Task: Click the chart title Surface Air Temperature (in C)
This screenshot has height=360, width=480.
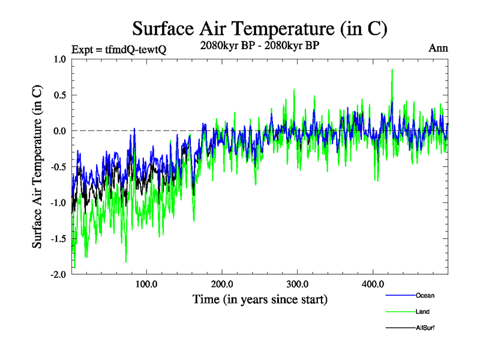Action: click(x=259, y=28)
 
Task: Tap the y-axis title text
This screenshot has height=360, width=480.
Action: click(x=37, y=167)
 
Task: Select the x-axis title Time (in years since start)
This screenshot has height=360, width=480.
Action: click(x=260, y=299)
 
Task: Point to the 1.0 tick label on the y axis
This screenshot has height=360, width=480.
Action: click(x=60, y=59)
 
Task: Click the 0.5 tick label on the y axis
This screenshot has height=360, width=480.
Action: click(x=60, y=95)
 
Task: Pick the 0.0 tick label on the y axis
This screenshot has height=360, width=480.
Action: click(x=60, y=131)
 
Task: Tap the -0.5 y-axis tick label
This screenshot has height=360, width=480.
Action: click(x=59, y=167)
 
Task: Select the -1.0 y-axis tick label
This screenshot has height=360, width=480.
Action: click(x=59, y=203)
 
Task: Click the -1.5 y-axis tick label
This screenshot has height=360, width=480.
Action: click(x=59, y=239)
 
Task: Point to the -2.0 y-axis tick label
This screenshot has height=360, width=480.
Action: click(x=59, y=274)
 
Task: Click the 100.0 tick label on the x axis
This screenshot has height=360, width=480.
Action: click(x=146, y=284)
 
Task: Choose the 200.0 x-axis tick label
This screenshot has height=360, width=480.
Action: click(x=222, y=284)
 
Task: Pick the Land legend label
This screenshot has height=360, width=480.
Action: click(x=422, y=311)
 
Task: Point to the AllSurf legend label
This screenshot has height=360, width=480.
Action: click(x=425, y=328)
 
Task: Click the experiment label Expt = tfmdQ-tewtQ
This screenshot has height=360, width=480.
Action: click(x=118, y=49)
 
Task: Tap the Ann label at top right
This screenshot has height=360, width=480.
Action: click(x=439, y=48)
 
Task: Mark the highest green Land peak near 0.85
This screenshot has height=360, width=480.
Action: click(x=392, y=70)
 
